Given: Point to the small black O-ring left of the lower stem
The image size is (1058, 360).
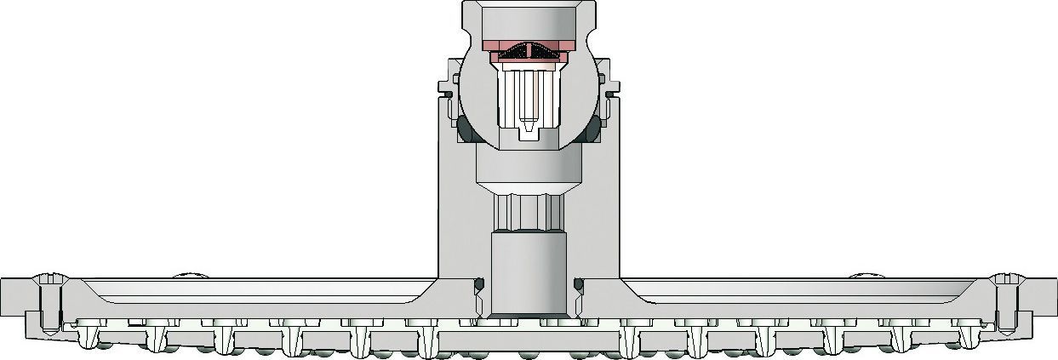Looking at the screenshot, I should tap(478, 283).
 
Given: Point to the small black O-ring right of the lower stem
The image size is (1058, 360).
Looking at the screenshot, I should tap(579, 283).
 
